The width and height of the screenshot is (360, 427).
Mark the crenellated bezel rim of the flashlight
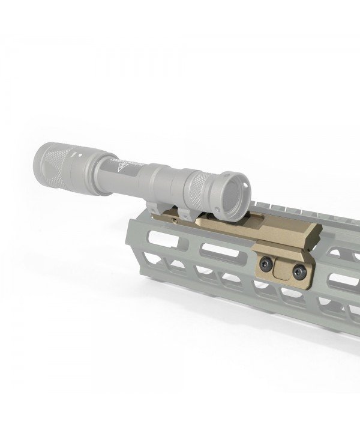coord(235,191)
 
